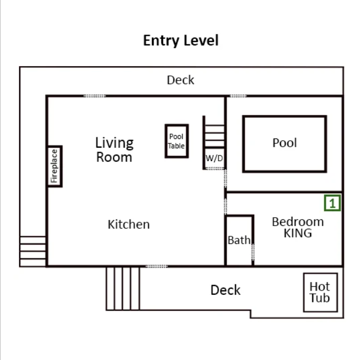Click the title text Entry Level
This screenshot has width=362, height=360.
pyautogui.click(x=181, y=40)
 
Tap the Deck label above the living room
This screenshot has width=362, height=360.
pyautogui.click(x=180, y=80)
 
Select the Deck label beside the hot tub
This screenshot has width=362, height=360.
pyautogui.click(x=225, y=290)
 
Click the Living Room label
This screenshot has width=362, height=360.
pyautogui.click(x=114, y=150)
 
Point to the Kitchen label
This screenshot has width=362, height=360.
pyautogui.click(x=128, y=224)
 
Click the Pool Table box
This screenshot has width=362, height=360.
pyautogui.click(x=176, y=141)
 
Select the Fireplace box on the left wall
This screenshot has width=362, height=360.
pyautogui.click(x=54, y=166)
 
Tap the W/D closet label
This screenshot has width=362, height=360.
pyautogui.click(x=214, y=158)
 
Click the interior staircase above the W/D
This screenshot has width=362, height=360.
pyautogui.click(x=214, y=132)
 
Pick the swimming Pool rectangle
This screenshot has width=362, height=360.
pyautogui.click(x=284, y=143)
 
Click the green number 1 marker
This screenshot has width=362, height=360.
pyautogui.click(x=333, y=203)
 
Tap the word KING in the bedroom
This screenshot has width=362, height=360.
pyautogui.click(x=297, y=233)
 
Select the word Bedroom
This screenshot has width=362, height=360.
pyautogui.click(x=297, y=222)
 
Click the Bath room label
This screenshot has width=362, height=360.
pyautogui.click(x=238, y=240)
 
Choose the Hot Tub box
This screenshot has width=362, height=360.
pyautogui.click(x=320, y=293)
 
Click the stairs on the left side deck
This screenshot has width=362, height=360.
pyautogui.click(x=33, y=251)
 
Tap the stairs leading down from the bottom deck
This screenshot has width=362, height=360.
pyautogui.click(x=123, y=288)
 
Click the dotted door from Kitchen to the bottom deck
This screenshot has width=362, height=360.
pyautogui.click(x=157, y=266)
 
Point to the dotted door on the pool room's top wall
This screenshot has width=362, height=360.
pyautogui.click(x=238, y=96)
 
